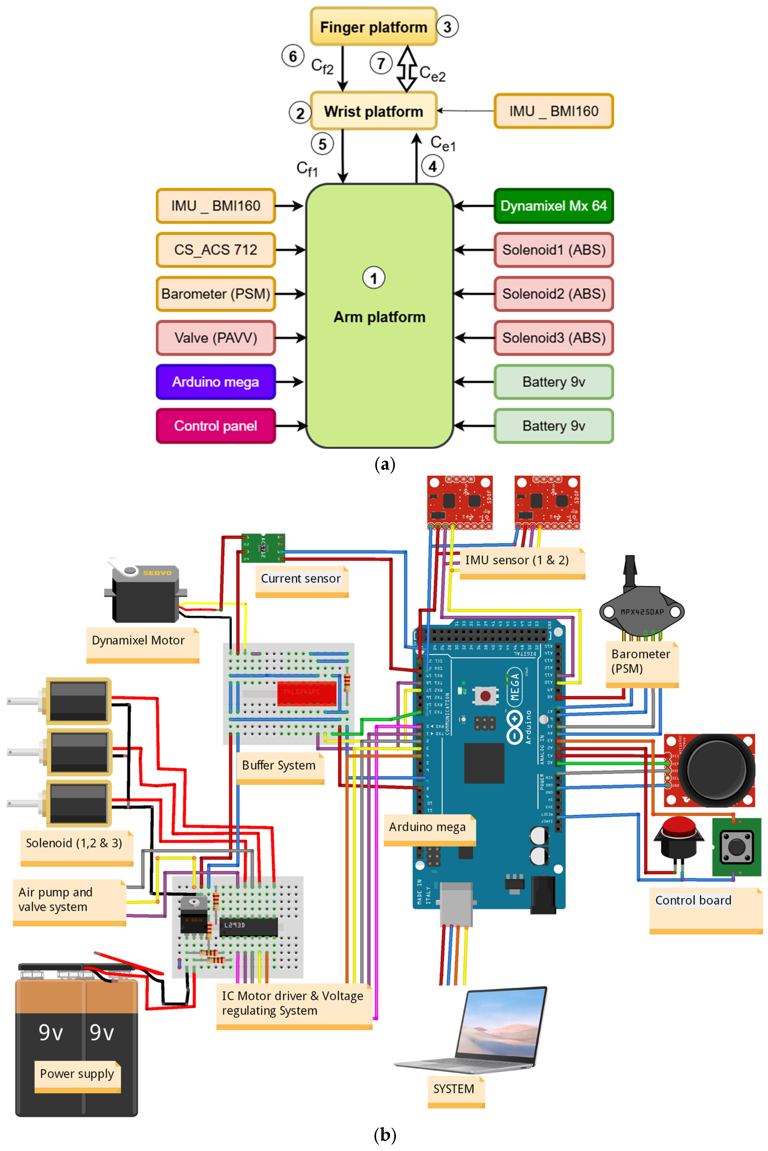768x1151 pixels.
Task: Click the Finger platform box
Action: click(373, 27)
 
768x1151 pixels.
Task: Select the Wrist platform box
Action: click(373, 111)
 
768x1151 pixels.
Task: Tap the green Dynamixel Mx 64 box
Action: click(554, 206)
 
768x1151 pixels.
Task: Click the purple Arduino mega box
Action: click(216, 382)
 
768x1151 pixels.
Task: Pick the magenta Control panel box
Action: click(216, 426)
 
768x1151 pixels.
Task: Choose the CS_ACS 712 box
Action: click(216, 250)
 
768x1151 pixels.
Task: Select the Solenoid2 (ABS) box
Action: click(554, 294)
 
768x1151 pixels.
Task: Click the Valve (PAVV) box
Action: click(216, 338)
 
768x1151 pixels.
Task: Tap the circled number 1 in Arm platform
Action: click(374, 278)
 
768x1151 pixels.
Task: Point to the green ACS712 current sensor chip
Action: click(263, 548)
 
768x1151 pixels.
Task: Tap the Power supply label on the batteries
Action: click(77, 1074)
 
